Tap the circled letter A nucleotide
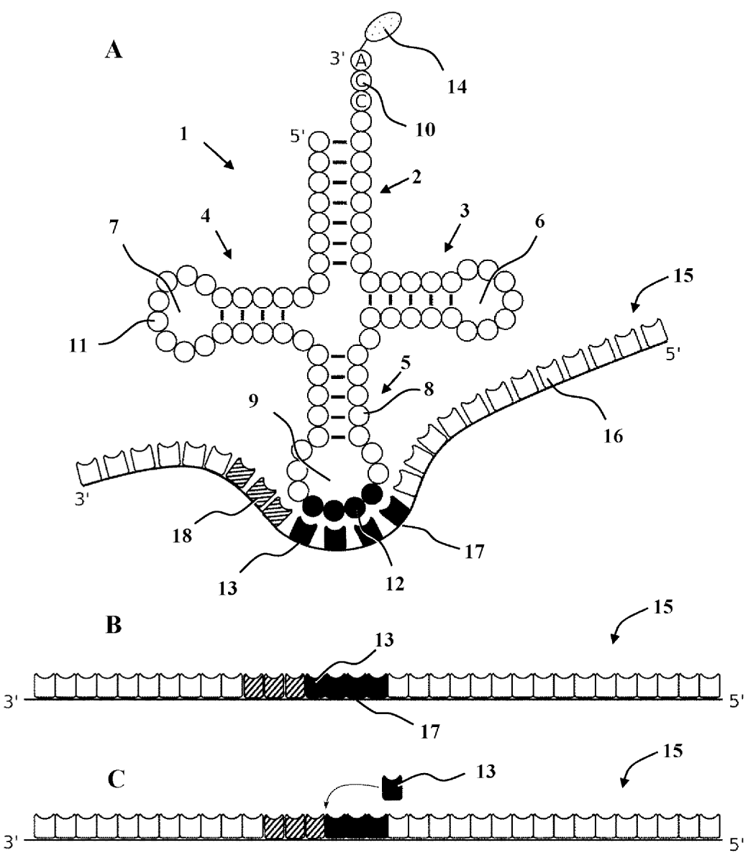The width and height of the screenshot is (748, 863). pos(361,60)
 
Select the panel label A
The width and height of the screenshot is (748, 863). pos(114,50)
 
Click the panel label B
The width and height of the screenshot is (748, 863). pos(114,625)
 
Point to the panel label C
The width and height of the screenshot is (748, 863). pos(116,779)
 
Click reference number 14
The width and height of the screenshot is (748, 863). pos(457,87)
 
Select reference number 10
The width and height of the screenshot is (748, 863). pos(425,130)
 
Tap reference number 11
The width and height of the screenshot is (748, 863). pos(78,346)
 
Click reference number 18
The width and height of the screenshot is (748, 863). pos(183,536)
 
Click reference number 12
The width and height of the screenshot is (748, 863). pos(395,585)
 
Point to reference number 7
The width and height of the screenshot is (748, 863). pos(114,227)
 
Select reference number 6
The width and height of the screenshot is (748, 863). pos(539,222)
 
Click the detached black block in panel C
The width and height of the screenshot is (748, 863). pos(393,787)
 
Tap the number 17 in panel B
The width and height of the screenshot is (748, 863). pos(430,731)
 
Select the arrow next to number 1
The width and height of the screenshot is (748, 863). pos(219,155)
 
